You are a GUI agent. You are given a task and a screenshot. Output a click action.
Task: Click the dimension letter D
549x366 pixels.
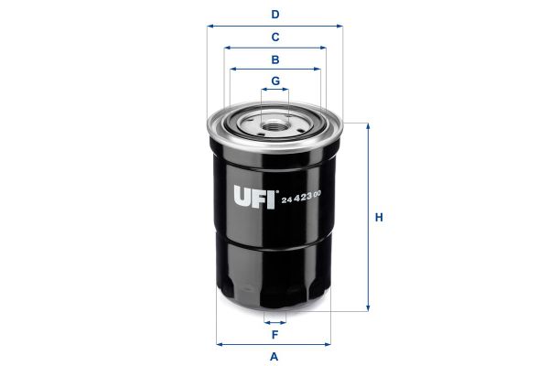click(x=274, y=14)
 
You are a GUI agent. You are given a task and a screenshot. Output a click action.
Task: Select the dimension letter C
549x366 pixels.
click(x=274, y=38)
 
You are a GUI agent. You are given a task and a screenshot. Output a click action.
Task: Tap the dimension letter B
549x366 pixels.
click(x=274, y=59)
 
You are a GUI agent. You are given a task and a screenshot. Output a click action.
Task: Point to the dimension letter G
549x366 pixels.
click(x=274, y=81)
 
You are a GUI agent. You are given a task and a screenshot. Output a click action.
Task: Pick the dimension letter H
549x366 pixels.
click(x=379, y=218)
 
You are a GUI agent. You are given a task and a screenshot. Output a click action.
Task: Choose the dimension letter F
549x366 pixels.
click(x=274, y=334)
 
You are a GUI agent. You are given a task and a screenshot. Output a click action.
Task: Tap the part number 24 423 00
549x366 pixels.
click(x=302, y=199)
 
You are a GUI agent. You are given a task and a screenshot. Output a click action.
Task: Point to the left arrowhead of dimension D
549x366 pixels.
click(x=211, y=26)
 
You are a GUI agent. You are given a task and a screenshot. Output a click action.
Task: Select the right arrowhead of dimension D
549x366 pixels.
click(x=339, y=26)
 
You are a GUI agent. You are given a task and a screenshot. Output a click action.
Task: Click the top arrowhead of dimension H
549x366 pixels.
click(x=369, y=126)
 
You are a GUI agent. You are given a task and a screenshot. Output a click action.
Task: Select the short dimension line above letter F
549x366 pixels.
click(x=274, y=321)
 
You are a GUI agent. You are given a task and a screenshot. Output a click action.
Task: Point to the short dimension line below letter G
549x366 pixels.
click(x=274, y=91)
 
